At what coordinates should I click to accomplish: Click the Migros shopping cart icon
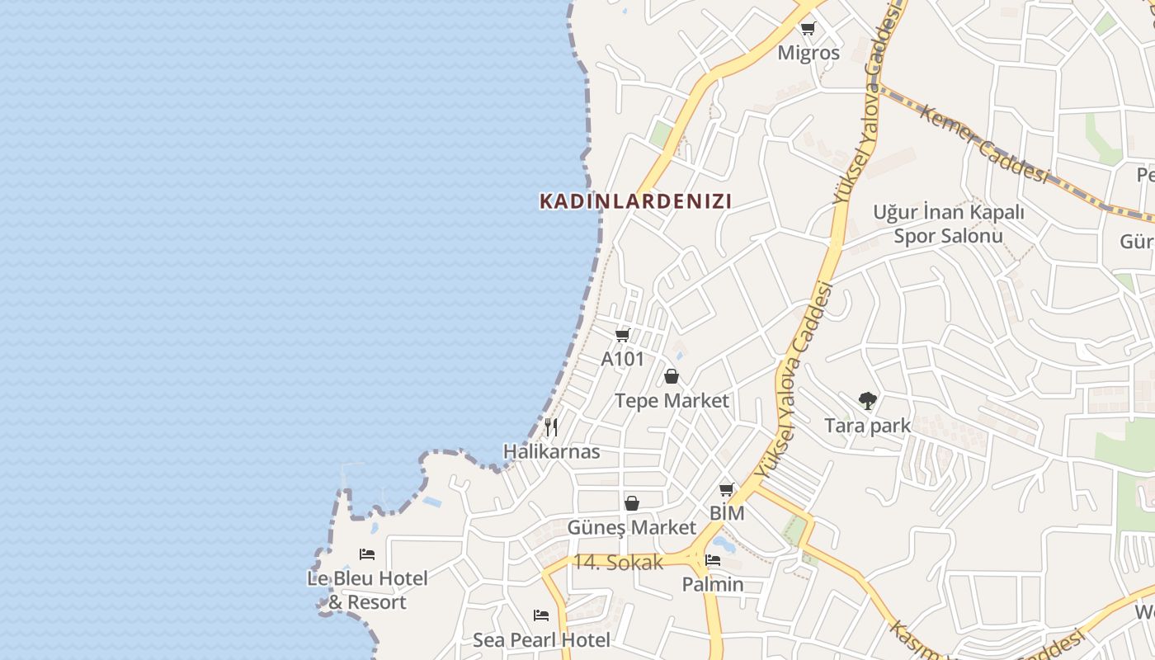pos(808,29)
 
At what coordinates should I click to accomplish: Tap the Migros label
pos(808,53)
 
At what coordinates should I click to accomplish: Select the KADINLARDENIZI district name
pos(635,201)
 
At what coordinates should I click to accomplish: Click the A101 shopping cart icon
pos(623,335)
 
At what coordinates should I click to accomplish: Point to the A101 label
pos(623,359)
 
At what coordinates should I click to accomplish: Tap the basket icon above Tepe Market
pos(672,377)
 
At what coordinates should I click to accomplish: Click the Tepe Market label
pos(672,401)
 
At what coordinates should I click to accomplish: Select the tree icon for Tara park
pos(867,401)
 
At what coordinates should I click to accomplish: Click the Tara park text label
pos(867,426)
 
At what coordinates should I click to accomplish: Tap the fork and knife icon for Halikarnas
pos(551,427)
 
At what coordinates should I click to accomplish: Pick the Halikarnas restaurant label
pos(551,452)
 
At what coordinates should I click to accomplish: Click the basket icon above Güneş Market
pos(632,503)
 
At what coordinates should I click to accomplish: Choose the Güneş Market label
pos(632,527)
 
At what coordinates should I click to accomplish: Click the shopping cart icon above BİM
pos(727,489)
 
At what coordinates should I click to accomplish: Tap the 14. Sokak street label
pos(618,563)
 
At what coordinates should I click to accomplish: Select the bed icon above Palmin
pos(713,560)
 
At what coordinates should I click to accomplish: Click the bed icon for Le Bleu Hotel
pos(367,554)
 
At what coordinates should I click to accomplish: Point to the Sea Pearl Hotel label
pos(541,640)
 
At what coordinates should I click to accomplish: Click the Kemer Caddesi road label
pos(983,144)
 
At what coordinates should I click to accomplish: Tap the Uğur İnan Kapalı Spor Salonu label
pos(949,224)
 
